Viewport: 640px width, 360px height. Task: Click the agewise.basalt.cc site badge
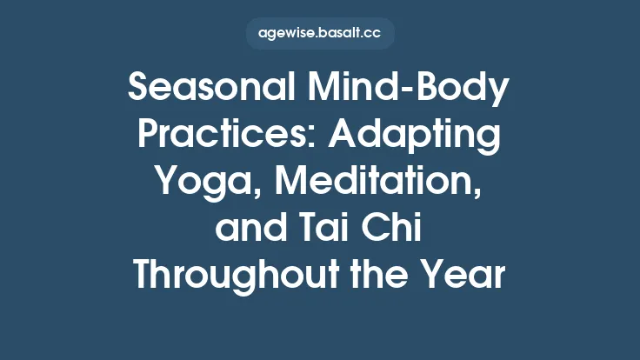pyautogui.click(x=320, y=34)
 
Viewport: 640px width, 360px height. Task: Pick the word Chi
pyautogui.click(x=401, y=230)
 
